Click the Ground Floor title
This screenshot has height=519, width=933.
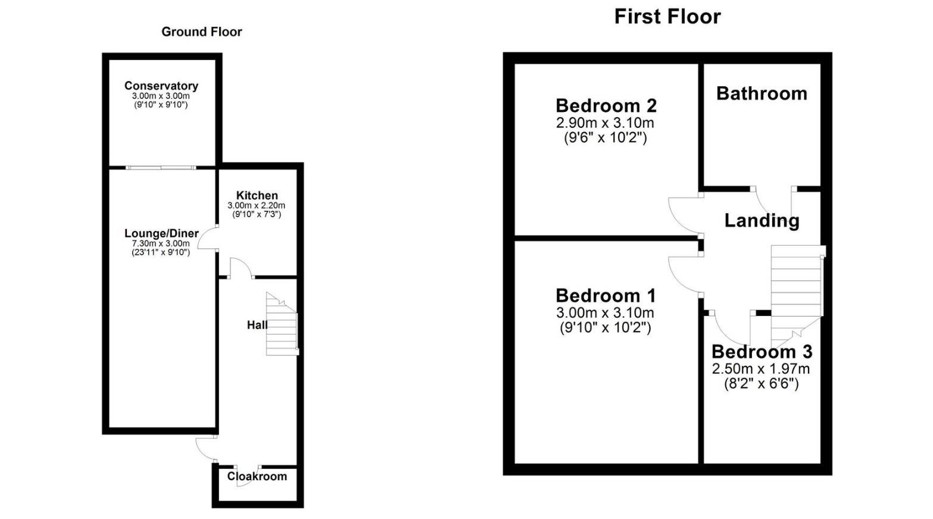(202, 32)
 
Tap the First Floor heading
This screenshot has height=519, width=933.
(667, 17)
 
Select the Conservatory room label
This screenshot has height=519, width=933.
(161, 86)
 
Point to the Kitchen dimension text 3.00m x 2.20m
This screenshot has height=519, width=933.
(257, 205)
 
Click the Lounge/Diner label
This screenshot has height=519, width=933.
(161, 233)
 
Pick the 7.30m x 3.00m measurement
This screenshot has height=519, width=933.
(161, 243)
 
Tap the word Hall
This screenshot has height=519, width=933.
(257, 325)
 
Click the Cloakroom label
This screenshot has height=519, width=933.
(257, 476)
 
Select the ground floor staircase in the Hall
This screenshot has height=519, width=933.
(282, 326)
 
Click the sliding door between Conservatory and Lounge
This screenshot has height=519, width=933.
(161, 168)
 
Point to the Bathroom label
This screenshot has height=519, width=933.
(762, 93)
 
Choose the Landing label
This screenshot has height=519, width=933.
(762, 221)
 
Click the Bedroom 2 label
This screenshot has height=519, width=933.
(606, 106)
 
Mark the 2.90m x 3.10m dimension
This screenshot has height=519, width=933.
(605, 123)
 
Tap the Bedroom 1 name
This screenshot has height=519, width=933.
(606, 296)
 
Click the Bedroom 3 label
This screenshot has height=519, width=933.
(762, 352)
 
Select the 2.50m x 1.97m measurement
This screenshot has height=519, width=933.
(761, 369)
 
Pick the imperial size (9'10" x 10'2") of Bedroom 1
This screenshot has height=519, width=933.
(606, 327)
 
